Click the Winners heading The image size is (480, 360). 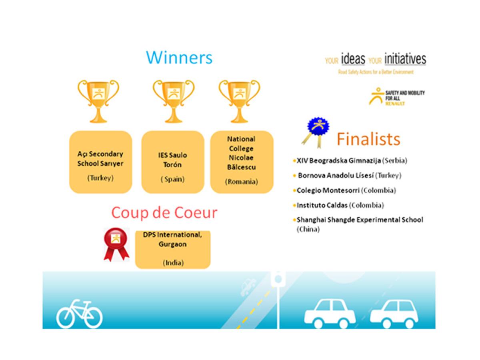click(x=179, y=58)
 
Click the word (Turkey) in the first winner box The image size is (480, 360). click(x=100, y=178)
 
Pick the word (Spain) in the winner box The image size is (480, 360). click(x=172, y=179)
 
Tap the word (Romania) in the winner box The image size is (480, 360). click(x=242, y=182)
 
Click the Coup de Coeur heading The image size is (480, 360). click(x=164, y=213)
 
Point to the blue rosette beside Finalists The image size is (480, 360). click(x=316, y=132)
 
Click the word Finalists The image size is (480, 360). click(x=368, y=139)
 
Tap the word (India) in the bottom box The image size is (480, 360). click(x=173, y=262)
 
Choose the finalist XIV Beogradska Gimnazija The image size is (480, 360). click(x=339, y=161)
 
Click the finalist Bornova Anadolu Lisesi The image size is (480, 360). click(x=336, y=176)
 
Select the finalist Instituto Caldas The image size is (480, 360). click(x=322, y=205)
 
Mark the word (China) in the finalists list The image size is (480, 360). click(x=308, y=229)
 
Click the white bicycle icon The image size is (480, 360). click(x=79, y=314)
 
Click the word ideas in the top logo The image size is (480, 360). click(x=353, y=59)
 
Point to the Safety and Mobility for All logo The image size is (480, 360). click(x=397, y=97)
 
